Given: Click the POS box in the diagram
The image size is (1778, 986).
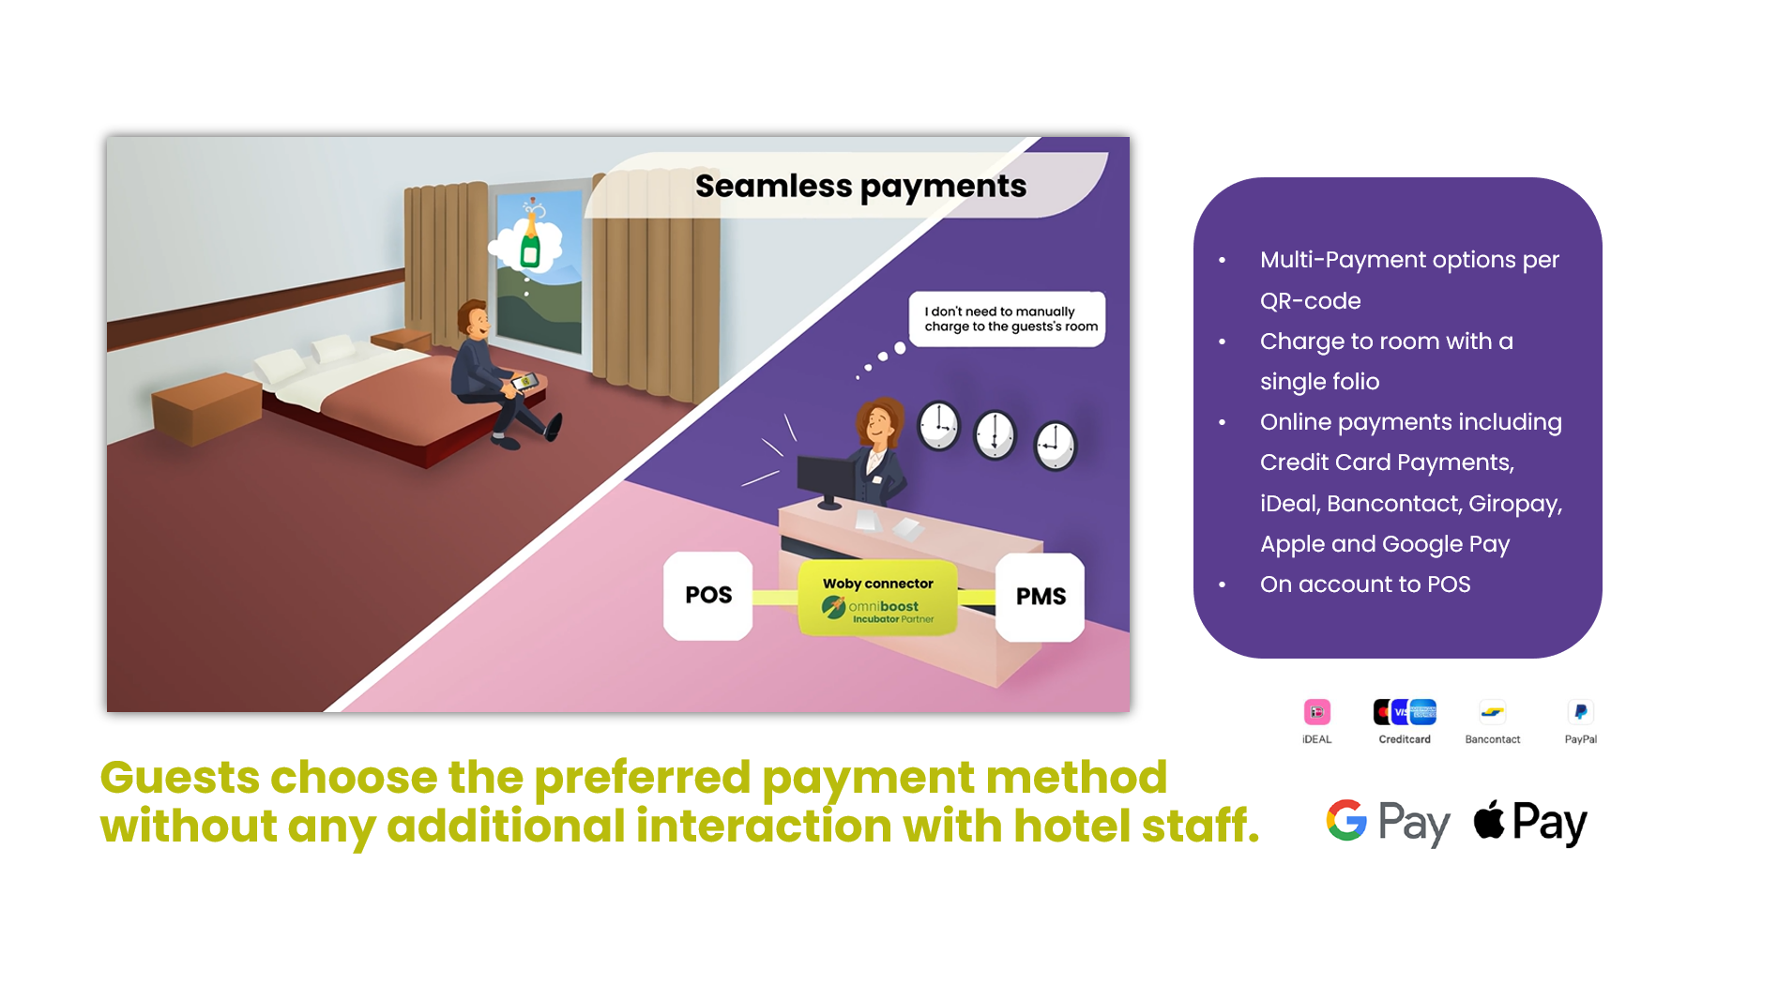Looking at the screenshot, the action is tap(708, 596).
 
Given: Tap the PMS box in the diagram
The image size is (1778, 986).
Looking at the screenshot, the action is tap(1040, 597).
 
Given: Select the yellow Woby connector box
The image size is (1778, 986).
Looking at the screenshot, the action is tap(878, 599).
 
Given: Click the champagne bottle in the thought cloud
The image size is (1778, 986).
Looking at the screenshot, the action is tap(530, 240).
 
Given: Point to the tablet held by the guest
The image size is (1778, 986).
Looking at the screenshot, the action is tap(523, 382).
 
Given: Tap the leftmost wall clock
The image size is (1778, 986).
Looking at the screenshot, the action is tap(938, 427).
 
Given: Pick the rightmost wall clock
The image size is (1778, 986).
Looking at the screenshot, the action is tap(1056, 445).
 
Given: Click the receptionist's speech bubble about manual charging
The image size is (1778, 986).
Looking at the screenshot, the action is tap(1008, 319).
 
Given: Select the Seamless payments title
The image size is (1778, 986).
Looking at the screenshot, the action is tap(860, 187).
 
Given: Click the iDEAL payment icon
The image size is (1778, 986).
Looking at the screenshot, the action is tap(1317, 713).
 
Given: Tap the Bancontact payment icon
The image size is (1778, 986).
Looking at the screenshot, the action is tap(1493, 713).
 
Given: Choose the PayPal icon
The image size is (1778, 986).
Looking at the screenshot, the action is tap(1581, 713).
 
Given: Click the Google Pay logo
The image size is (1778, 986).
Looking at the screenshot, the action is tap(1388, 823).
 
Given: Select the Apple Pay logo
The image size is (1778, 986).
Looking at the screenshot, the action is tap(1530, 823).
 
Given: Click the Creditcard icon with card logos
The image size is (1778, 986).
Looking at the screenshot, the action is tap(1405, 713).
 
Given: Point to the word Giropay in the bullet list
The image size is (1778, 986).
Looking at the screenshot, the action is tap(1515, 504).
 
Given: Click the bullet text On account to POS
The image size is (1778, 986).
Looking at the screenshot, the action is tap(1365, 584).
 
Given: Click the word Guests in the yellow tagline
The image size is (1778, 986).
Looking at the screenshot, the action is tap(180, 778).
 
